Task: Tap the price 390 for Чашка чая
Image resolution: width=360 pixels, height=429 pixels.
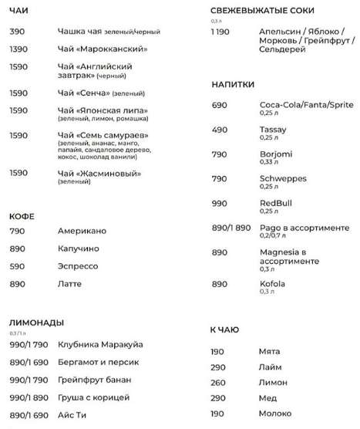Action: [19, 32]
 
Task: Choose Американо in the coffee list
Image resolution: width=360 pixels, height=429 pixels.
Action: [82, 231]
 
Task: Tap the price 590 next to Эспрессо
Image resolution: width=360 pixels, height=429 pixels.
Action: [19, 266]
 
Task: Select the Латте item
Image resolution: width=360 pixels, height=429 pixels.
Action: [70, 284]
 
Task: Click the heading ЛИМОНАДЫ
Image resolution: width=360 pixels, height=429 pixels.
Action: [37, 323]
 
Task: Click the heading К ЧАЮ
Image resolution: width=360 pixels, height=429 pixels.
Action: [225, 330]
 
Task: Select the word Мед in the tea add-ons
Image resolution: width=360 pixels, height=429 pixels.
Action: [267, 399]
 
